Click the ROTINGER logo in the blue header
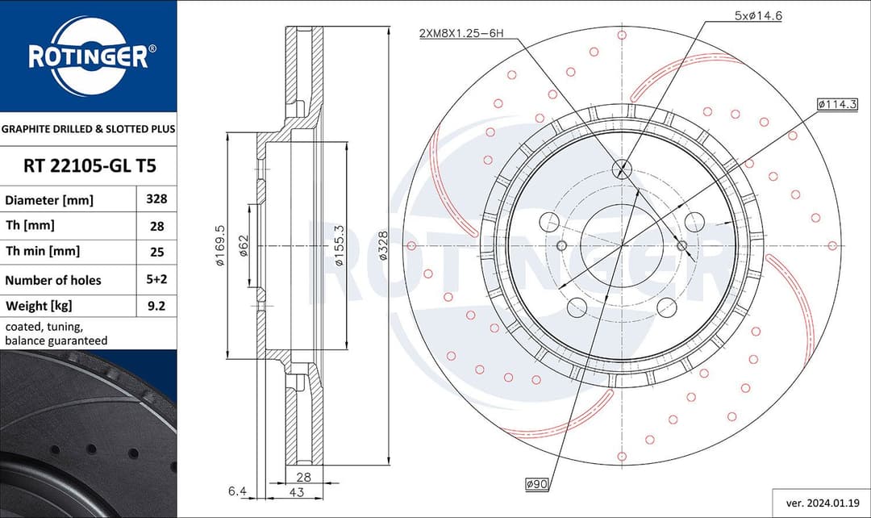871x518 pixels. [88, 56]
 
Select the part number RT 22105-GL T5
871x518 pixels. [88, 166]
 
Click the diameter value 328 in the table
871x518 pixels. [156, 198]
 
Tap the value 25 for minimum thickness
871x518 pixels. [156, 252]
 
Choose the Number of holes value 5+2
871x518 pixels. [156, 280]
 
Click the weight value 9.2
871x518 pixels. [156, 306]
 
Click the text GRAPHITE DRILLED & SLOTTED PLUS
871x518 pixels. [88, 128]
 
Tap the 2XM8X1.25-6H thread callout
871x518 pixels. [461, 32]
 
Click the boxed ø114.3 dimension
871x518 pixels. [836, 104]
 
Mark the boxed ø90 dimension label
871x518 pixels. [537, 484]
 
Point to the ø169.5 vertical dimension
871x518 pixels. [219, 246]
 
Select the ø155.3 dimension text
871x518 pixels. [340, 245]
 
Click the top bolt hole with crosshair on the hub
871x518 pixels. [623, 169]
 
